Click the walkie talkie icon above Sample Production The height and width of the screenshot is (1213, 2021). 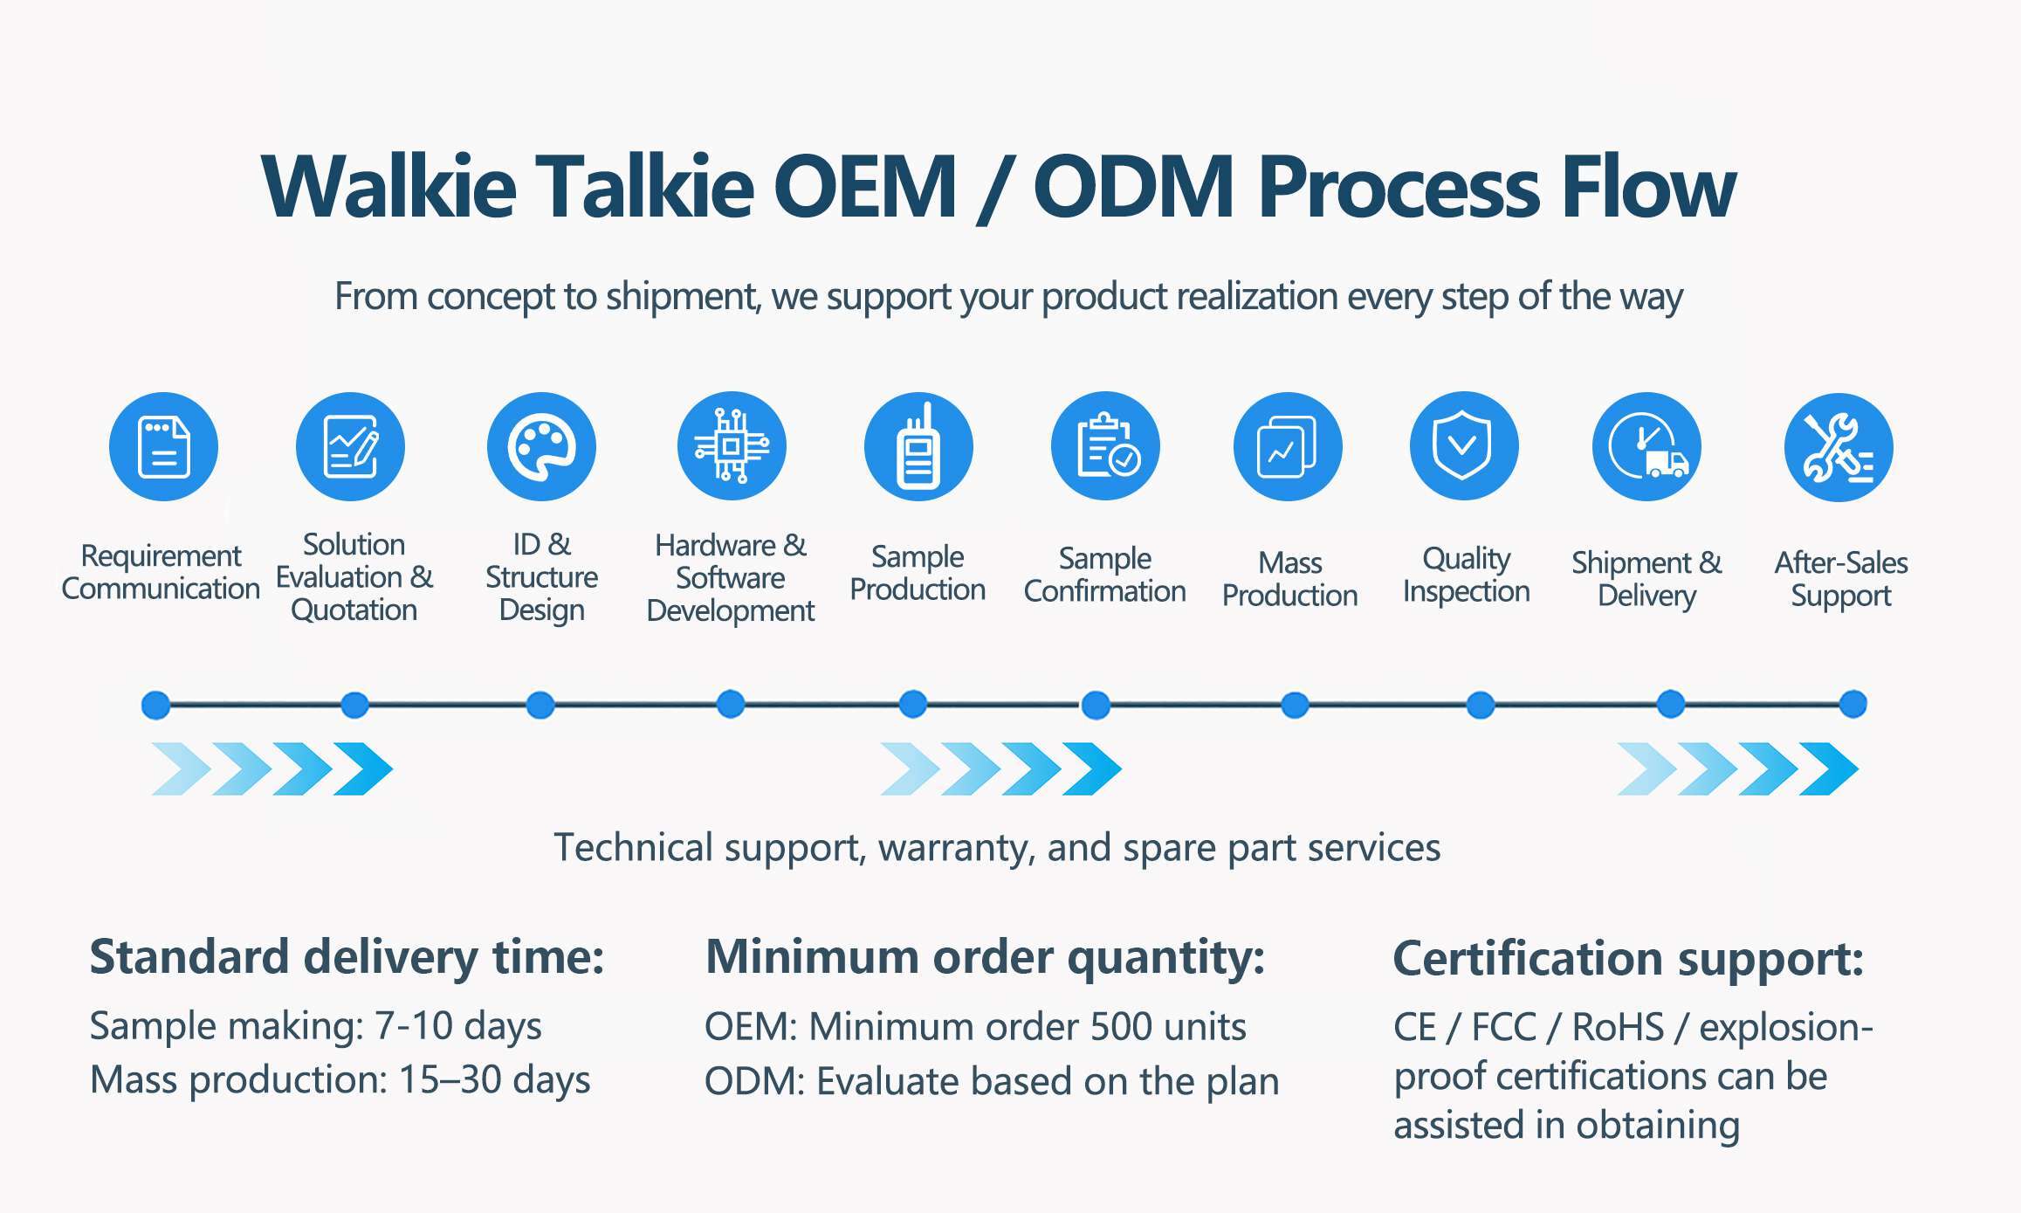click(x=918, y=446)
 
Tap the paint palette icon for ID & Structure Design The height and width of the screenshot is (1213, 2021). click(x=541, y=446)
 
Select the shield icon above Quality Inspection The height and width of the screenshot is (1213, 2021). click(x=1464, y=446)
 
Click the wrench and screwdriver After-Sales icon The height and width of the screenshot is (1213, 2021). click(x=1839, y=447)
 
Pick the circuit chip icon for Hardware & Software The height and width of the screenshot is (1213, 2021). click(x=732, y=446)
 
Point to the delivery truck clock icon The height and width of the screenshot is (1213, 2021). click(x=1646, y=446)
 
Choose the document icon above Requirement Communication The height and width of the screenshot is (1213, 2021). click(x=163, y=446)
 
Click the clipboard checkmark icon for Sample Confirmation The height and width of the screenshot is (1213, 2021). click(x=1105, y=446)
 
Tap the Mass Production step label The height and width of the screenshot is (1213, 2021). click(x=1290, y=579)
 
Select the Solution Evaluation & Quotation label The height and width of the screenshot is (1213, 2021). click(x=354, y=577)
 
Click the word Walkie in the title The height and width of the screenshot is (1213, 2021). click(x=389, y=186)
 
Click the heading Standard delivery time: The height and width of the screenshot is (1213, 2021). click(x=347, y=957)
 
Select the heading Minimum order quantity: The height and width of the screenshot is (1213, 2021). click(x=986, y=957)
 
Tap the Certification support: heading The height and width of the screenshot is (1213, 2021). click(x=1629, y=959)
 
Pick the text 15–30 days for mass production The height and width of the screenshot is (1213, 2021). click(x=494, y=1080)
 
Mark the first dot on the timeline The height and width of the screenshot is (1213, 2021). click(x=156, y=705)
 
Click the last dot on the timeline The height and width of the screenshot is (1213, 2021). click(x=1853, y=704)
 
